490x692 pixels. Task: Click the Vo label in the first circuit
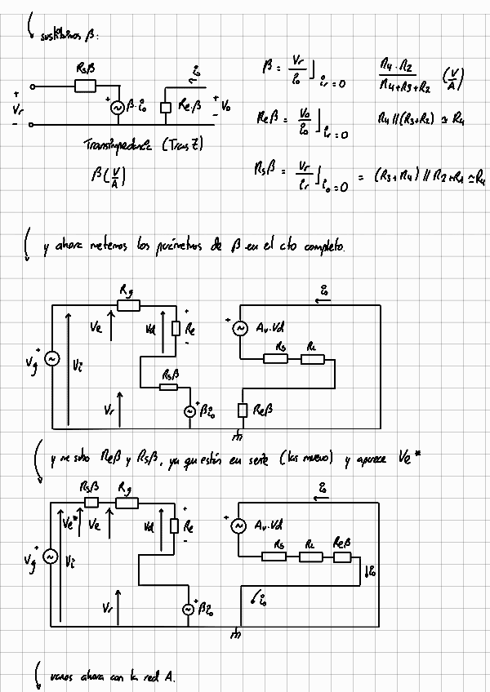(x=226, y=106)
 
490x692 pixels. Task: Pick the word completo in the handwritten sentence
(x=321, y=246)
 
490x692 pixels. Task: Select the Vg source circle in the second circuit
(x=52, y=359)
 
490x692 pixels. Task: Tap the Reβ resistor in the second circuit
(x=243, y=410)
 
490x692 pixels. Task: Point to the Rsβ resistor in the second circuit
(x=169, y=387)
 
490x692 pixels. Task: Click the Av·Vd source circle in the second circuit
(x=240, y=329)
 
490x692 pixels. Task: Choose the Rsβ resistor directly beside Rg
(x=91, y=502)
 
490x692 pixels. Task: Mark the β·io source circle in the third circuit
(x=189, y=608)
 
